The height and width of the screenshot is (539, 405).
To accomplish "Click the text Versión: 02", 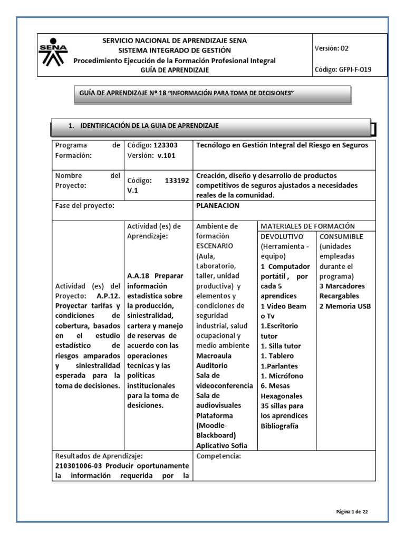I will coord(331,48).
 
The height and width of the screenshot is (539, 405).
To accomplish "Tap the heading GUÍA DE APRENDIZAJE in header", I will coord(174,70).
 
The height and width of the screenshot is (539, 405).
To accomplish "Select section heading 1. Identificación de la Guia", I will coord(143,125).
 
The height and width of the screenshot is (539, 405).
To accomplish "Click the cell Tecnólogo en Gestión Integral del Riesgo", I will coord(282,145).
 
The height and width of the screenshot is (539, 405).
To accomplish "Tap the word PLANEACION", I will coord(217,206).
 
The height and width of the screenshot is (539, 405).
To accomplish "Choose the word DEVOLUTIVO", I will coord(282,236).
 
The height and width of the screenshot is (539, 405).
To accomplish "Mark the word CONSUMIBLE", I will coord(341,236).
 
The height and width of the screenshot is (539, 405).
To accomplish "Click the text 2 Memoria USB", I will coord(345,306).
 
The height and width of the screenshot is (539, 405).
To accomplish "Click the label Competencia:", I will coord(218,456).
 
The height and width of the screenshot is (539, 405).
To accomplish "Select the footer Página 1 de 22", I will coord(355,511).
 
